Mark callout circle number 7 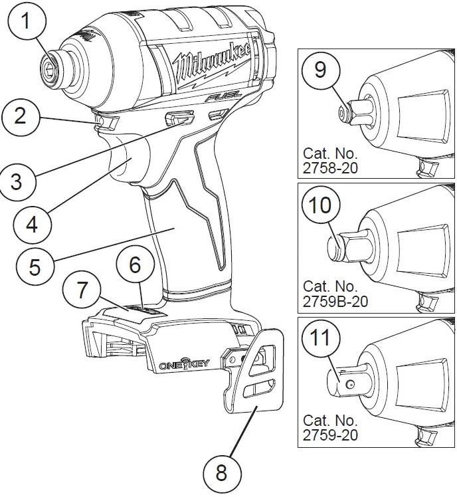82,290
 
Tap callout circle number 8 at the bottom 221,473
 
